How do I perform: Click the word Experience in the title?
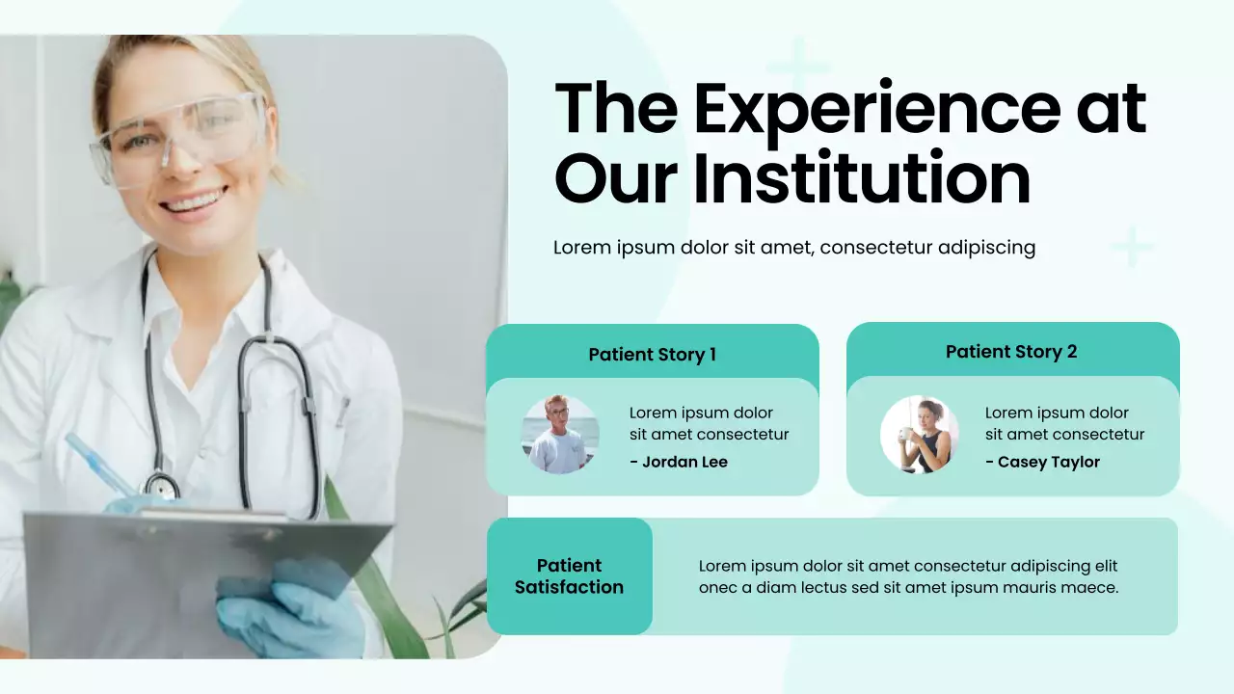[x=875, y=108]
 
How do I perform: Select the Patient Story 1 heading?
[x=652, y=355]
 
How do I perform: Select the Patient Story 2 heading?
[x=1011, y=352]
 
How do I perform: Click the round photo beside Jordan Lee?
[x=560, y=435]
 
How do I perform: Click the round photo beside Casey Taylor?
[x=920, y=435]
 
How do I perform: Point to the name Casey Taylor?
[x=1048, y=462]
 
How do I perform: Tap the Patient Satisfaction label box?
[x=569, y=576]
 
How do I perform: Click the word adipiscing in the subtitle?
[x=985, y=248]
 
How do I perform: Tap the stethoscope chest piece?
[x=161, y=485]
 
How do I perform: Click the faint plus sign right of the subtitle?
[x=1133, y=247]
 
